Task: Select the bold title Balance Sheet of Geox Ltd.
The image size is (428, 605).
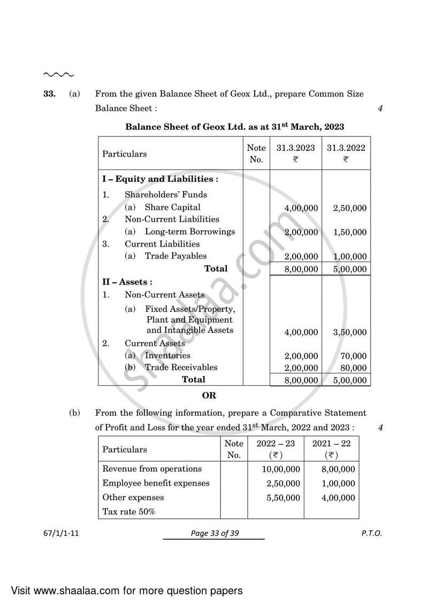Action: point(234,127)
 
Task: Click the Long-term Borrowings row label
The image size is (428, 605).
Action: point(189,232)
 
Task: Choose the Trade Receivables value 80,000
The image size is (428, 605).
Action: point(353,368)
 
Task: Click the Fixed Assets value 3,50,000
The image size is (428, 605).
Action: point(349,332)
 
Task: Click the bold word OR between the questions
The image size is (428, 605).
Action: point(209,396)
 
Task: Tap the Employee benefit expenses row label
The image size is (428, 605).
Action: point(156,483)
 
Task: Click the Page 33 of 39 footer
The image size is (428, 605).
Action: point(214,533)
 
